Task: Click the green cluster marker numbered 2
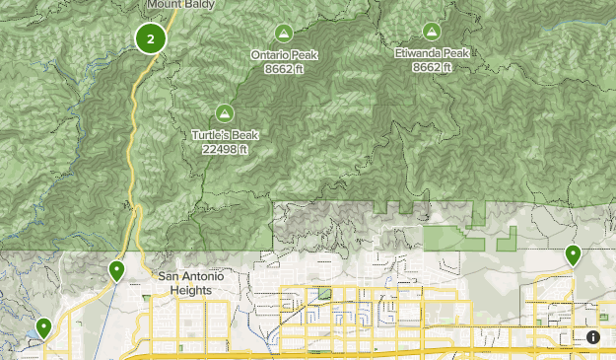(x=151, y=39)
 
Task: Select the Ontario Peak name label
(x=284, y=54)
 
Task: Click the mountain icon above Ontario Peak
(x=284, y=32)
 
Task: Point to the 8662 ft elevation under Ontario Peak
(x=284, y=68)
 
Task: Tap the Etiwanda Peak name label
(x=431, y=53)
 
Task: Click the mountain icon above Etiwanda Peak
(x=431, y=32)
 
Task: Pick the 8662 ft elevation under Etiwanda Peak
(x=431, y=67)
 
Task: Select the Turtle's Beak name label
(x=225, y=134)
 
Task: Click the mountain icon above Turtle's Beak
(x=225, y=112)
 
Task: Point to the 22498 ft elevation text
(x=225, y=149)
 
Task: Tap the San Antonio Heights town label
(x=191, y=283)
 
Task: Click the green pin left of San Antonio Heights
(x=117, y=270)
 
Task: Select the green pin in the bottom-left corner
(x=43, y=327)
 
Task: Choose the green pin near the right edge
(x=574, y=255)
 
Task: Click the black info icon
(x=593, y=337)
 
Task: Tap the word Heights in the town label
(x=191, y=290)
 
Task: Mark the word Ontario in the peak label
(x=270, y=54)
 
